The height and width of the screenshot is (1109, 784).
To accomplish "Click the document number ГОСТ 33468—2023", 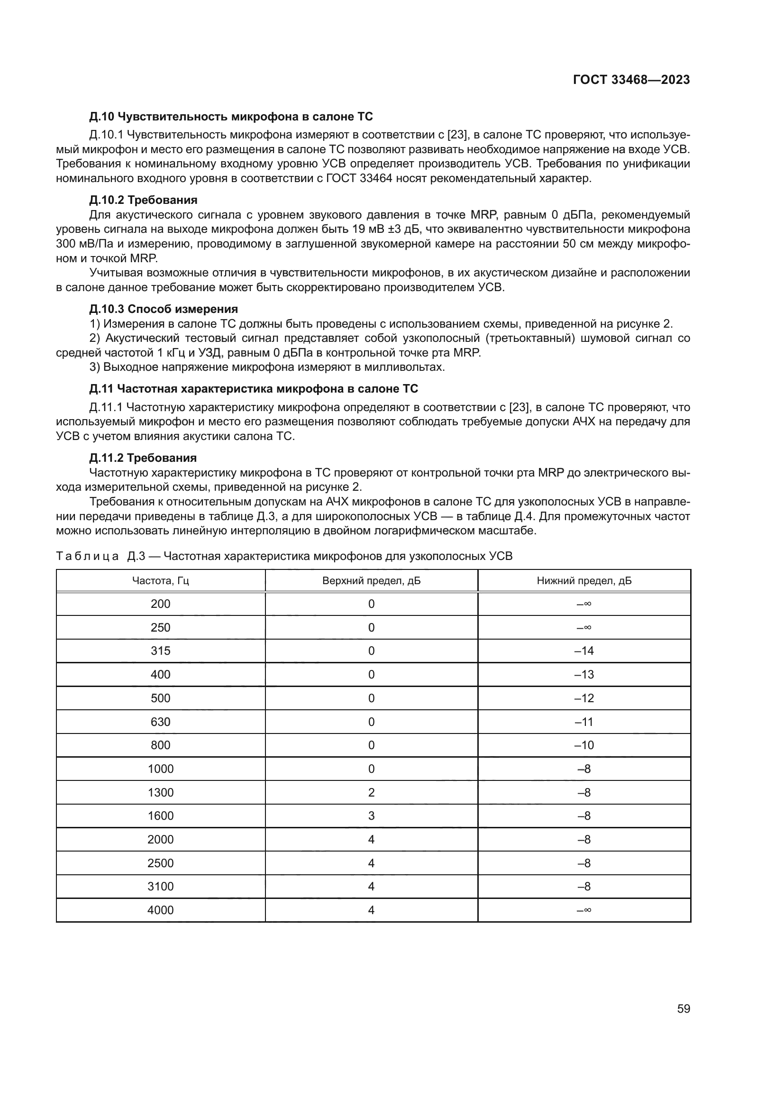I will click(x=631, y=80).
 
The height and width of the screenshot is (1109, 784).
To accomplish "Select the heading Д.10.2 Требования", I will click(x=143, y=200).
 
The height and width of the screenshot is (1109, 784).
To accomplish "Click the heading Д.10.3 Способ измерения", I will click(x=163, y=309).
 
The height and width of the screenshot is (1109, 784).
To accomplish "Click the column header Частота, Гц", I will click(x=160, y=581).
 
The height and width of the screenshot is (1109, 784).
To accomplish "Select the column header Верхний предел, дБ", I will click(x=371, y=581).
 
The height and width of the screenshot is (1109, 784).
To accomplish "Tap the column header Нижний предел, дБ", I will click(x=583, y=581).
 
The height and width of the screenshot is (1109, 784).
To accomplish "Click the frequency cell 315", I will click(x=160, y=651).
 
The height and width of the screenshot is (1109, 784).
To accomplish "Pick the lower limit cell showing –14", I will click(x=583, y=651).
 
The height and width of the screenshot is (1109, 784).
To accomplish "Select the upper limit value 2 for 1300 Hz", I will click(x=371, y=792).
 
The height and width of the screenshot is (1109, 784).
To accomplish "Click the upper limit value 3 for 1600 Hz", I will click(x=371, y=816).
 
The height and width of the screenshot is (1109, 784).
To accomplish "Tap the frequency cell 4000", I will click(x=160, y=910).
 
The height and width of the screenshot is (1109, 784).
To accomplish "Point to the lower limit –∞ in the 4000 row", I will click(x=583, y=910).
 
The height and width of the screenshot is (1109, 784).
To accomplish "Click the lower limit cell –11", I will click(x=583, y=722).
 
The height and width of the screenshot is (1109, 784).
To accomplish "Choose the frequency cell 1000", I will click(x=160, y=769).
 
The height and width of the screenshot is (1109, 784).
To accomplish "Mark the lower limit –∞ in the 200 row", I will click(x=583, y=604).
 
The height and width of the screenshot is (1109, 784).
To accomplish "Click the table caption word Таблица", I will click(x=87, y=557).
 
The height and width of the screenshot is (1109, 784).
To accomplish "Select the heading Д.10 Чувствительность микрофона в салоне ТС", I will click(x=231, y=117).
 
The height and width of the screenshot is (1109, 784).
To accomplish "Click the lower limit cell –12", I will click(x=583, y=698).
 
